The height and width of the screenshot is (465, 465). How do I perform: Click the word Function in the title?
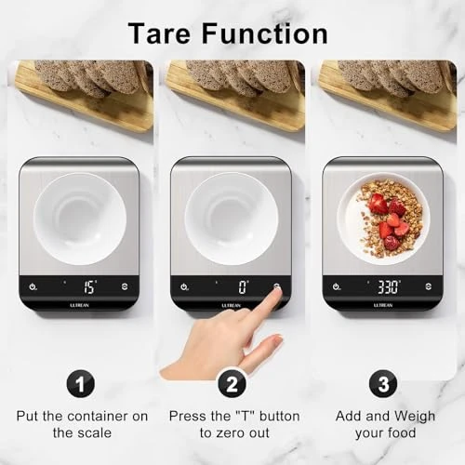[x=272, y=33]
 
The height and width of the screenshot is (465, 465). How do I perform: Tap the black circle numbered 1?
[x=80, y=382]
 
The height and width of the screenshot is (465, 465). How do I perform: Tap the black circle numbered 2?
[x=232, y=382]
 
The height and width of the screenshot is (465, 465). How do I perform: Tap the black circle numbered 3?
[x=382, y=382]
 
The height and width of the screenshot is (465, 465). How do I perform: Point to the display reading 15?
[x=88, y=287]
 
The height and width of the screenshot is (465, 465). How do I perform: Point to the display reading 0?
[x=242, y=287]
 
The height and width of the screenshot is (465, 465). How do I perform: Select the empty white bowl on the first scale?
[x=80, y=218]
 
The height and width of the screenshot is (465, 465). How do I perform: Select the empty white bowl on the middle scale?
[x=231, y=218]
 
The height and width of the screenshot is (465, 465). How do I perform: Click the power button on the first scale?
[x=33, y=287]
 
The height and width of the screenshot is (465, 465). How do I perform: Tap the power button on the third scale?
[x=336, y=287]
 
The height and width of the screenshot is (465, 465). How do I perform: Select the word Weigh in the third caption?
[x=412, y=416]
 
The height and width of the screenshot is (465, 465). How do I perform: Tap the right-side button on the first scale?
[x=126, y=287]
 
